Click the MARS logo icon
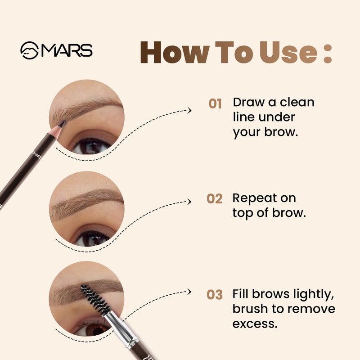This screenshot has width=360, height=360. click(x=30, y=50)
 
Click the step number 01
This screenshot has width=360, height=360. click(x=215, y=104)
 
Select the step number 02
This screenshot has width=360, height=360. click(x=215, y=198)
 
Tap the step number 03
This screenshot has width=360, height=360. click(x=215, y=295)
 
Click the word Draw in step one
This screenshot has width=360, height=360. click(x=248, y=102)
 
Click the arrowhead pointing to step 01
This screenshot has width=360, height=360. click(x=189, y=110)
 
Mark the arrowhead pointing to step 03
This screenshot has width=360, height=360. click(x=189, y=292)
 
